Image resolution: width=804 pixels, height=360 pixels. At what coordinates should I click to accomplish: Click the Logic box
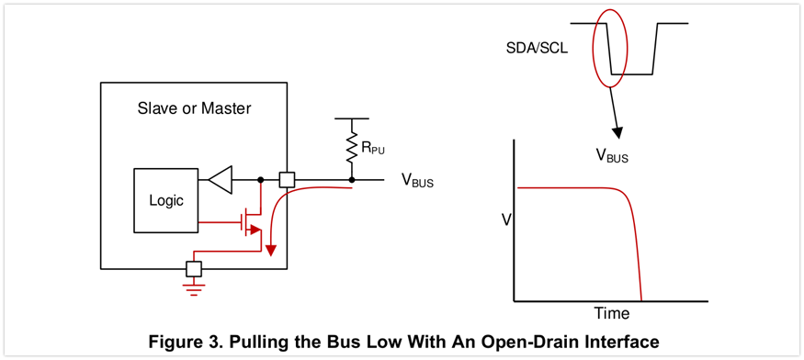[x=166, y=200]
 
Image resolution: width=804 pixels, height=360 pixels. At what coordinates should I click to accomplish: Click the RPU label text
[x=373, y=150]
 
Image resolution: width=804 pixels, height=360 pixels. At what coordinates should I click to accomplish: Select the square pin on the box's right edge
[x=287, y=179]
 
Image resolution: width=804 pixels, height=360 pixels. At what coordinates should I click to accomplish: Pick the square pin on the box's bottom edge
[x=194, y=269]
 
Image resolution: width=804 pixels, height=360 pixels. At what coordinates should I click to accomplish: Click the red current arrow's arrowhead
[x=271, y=250]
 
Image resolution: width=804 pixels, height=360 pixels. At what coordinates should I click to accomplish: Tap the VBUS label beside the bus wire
[x=417, y=181]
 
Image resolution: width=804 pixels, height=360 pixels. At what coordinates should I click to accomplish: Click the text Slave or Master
[x=194, y=108]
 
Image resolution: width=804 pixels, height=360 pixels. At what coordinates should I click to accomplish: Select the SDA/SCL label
[x=536, y=51]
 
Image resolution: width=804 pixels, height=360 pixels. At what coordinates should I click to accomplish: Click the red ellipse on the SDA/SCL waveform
[x=594, y=48]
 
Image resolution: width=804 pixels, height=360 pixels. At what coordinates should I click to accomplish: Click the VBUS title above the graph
[x=612, y=156]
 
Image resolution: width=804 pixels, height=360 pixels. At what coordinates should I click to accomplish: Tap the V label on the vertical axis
[x=505, y=220]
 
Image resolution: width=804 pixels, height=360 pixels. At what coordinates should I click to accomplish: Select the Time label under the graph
[x=612, y=312]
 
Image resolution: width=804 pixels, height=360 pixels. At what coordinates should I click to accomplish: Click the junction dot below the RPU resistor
[x=352, y=179]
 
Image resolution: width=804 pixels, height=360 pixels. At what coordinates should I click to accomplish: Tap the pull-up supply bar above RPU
[x=352, y=118]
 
